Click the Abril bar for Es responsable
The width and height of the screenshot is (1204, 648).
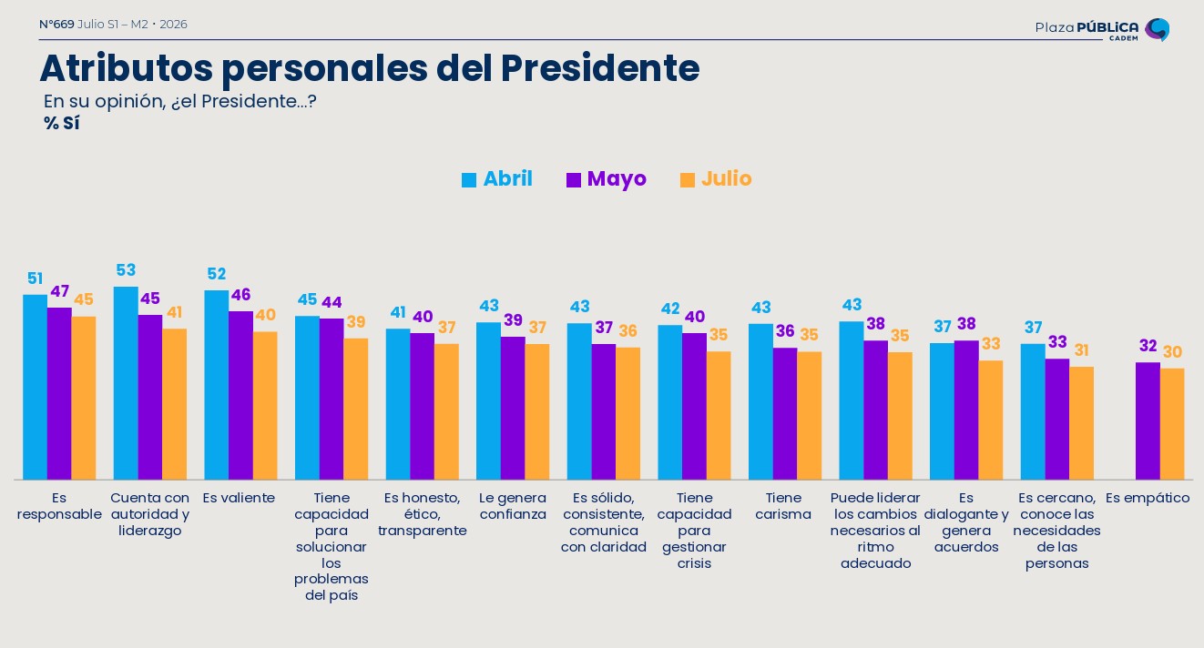coord(35,387)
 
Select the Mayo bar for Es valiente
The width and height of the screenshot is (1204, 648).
coord(240,395)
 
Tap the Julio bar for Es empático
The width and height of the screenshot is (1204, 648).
coord(1172,424)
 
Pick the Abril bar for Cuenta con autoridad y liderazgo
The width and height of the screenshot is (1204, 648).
coord(126,383)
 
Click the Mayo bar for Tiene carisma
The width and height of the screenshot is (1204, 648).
coord(785,413)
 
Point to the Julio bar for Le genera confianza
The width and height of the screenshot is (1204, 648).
coord(537,411)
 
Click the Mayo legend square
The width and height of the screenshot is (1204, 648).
coord(574,180)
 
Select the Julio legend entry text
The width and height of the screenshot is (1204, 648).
coord(726,178)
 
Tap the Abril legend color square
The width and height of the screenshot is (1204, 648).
coord(469,180)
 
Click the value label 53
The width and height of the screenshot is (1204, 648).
coord(126,269)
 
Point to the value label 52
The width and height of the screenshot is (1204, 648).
coord(217,274)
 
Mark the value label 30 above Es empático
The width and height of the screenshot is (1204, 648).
coord(1172,352)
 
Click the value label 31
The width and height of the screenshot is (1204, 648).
coord(1081,350)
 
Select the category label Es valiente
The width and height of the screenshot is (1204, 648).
coord(239,498)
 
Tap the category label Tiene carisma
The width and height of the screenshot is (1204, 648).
coord(783,506)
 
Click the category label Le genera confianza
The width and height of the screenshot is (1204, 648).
coord(513,506)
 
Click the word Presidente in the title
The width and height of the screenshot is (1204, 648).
coord(600,68)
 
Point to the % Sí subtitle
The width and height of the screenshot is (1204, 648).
coord(62,123)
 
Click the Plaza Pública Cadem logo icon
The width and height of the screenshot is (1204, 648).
coord(1157,29)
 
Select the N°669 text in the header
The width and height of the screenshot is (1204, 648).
coord(56,25)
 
